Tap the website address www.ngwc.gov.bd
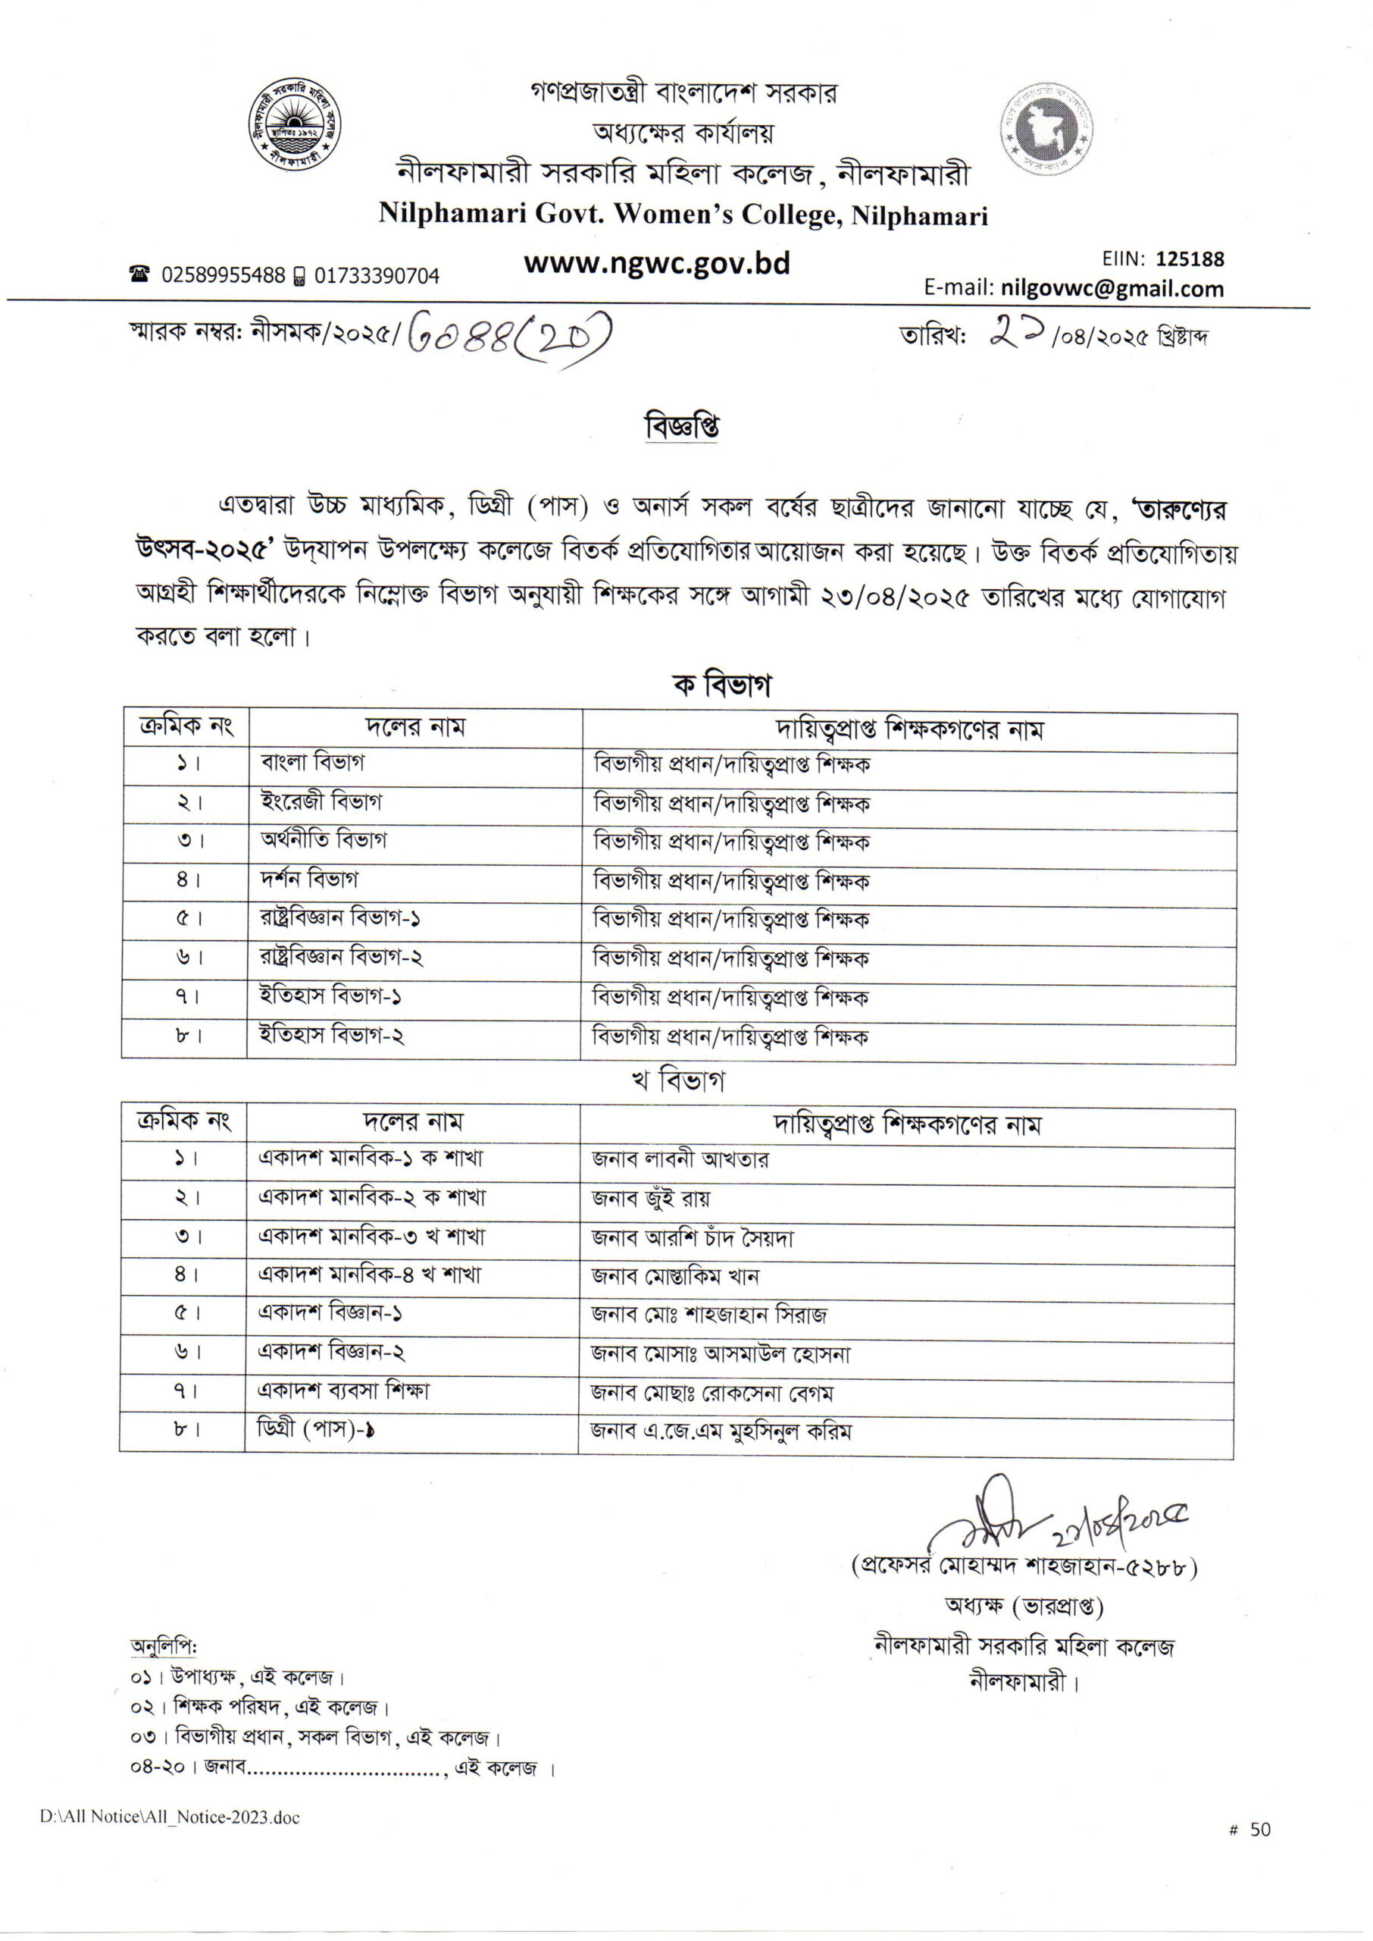click(656, 264)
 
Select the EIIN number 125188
click(1190, 259)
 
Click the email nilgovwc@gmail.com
click(1112, 289)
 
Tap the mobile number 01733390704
click(377, 276)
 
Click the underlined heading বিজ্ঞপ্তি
click(681, 426)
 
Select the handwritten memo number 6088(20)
click(509, 339)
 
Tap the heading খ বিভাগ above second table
click(678, 1081)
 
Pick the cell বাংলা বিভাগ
click(313, 762)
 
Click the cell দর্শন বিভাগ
click(308, 880)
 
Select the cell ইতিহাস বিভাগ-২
click(331, 1035)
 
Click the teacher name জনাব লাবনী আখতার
click(680, 1159)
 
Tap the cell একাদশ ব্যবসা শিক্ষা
click(343, 1391)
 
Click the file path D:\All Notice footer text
click(169, 1817)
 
